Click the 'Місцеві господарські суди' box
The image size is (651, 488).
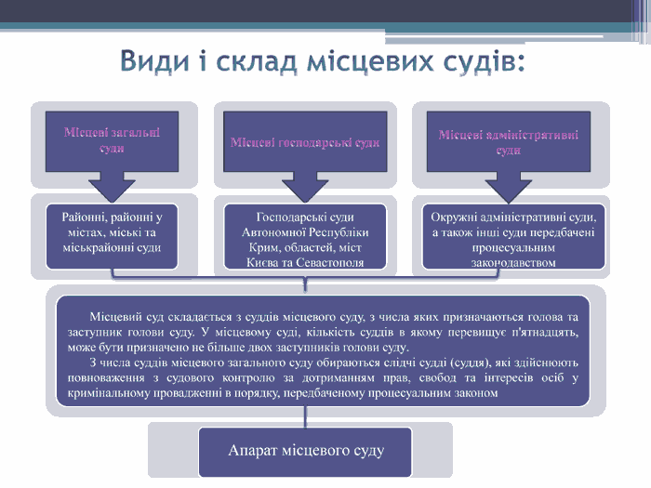click(305, 142)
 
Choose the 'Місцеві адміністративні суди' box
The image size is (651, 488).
click(508, 141)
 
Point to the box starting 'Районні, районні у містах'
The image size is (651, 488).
click(112, 231)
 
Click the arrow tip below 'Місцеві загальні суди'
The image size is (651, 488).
click(113, 191)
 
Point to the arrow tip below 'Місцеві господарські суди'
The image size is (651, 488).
click(305, 191)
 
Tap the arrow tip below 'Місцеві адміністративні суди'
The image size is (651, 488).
click(508, 191)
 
